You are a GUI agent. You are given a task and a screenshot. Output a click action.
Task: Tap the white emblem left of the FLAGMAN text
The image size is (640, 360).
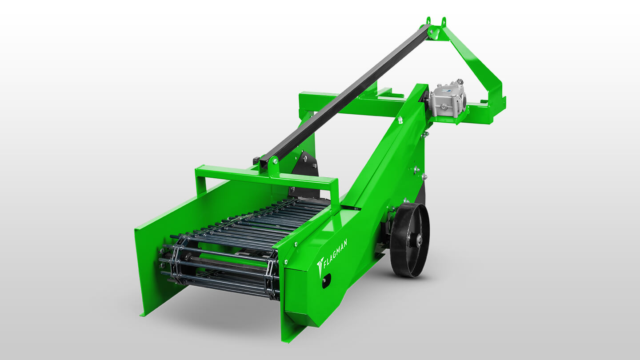[x=320, y=266]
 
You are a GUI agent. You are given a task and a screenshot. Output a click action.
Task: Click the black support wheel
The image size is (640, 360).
[x=410, y=240]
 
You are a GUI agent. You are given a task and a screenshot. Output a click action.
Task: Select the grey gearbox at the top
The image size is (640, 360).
[x=448, y=99]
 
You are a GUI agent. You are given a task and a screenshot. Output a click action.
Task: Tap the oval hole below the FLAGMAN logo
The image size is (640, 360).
[x=326, y=280]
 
